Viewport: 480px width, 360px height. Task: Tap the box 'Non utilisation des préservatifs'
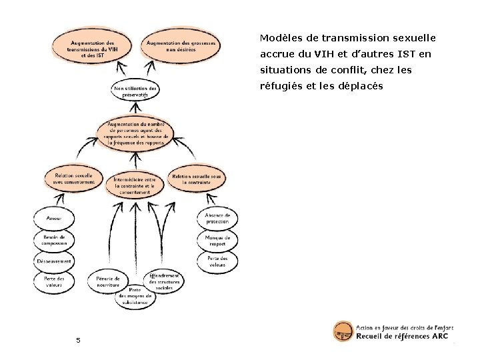pyautogui.click(x=135, y=92)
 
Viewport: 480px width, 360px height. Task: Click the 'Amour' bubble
pyautogui.click(x=54, y=219)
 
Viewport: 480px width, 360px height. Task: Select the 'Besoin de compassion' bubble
pyautogui.click(x=54, y=240)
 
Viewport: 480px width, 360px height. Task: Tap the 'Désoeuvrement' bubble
pyautogui.click(x=54, y=261)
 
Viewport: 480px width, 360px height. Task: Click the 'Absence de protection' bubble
pyautogui.click(x=217, y=219)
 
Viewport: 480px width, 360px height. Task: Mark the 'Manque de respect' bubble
pyautogui.click(x=217, y=240)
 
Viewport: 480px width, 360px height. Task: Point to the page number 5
pyautogui.click(x=78, y=341)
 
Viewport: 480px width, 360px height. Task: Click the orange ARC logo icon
pyautogui.click(x=343, y=331)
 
